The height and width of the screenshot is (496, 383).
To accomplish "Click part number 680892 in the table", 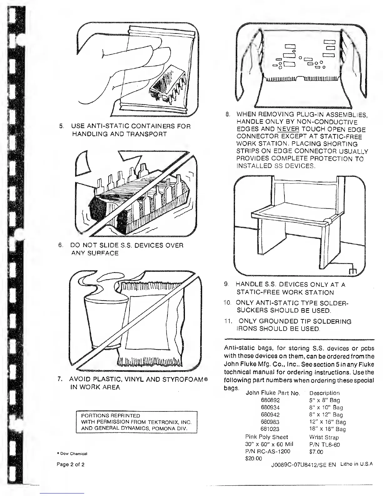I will pyautogui.click(x=270, y=400).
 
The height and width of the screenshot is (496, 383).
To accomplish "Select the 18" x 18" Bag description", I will pyautogui.click(x=327, y=429).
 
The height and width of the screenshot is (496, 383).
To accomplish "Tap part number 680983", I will pyautogui.click(x=270, y=422).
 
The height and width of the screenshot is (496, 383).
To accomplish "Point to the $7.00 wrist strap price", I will pyautogui.click(x=316, y=452).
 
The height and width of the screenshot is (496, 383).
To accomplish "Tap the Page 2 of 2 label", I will pyautogui.click(x=70, y=464).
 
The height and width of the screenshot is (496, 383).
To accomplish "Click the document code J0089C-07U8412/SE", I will pyautogui.click(x=300, y=465).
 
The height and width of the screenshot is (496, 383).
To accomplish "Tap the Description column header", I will pyautogui.click(x=324, y=393).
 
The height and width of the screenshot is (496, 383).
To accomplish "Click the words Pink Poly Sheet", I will pyautogui.click(x=267, y=437).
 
